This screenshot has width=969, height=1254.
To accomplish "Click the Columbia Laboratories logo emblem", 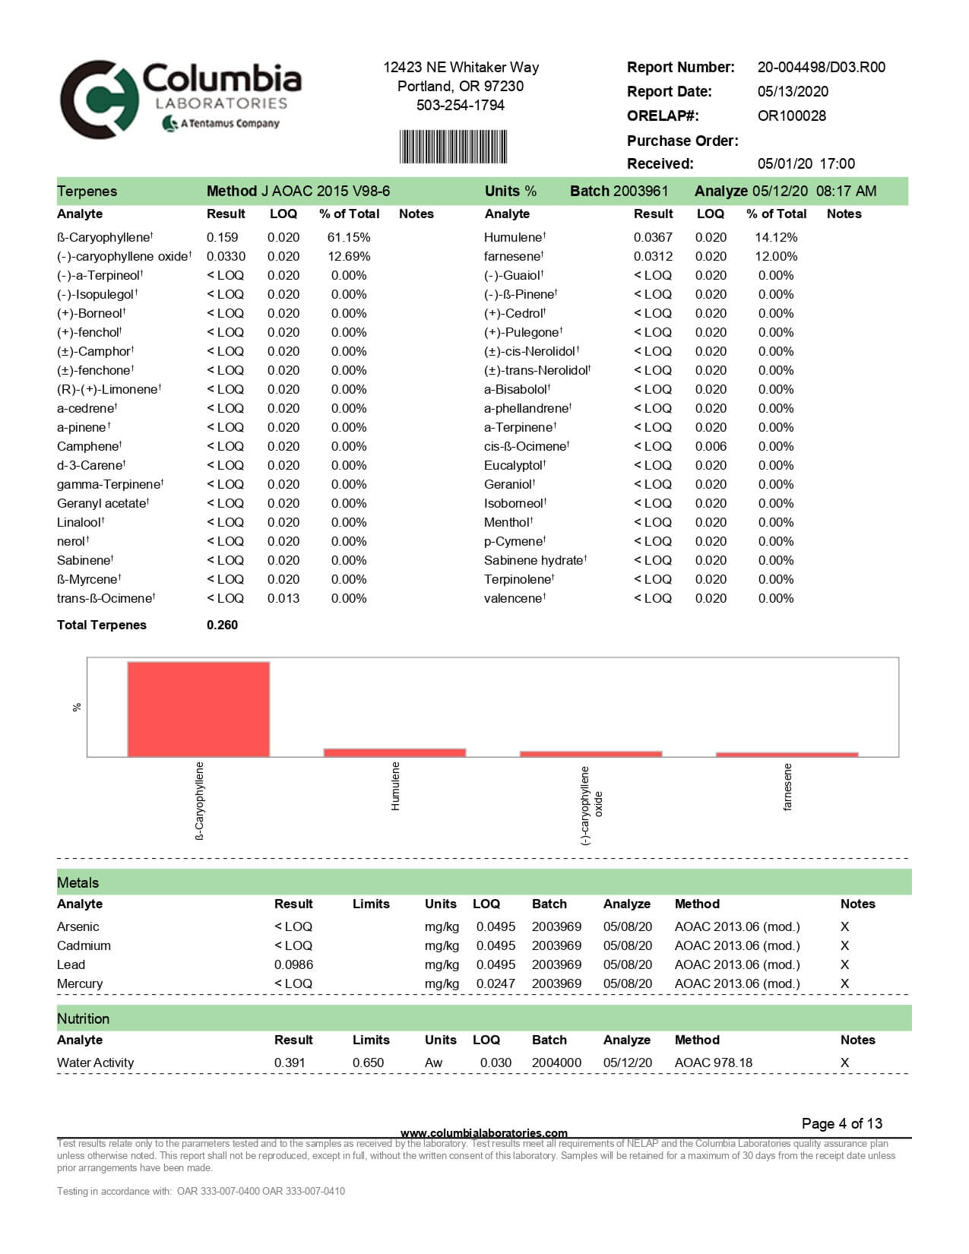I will coord(99,99).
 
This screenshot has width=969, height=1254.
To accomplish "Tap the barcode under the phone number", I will coord(453,147).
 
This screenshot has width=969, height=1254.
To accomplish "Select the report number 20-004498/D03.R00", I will coord(821,68).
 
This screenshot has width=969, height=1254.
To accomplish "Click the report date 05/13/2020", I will coord(793,92).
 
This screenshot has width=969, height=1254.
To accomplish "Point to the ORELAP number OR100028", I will coord(791,116).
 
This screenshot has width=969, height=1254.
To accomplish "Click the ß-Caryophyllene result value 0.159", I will coord(222,238).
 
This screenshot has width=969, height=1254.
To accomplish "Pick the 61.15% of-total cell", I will coord(349,238).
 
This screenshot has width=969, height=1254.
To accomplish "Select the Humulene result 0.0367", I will coord(653,238).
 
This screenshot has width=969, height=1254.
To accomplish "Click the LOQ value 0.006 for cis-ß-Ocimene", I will coord(711,447).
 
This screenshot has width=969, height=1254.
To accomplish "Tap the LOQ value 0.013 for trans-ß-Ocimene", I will coord(283,599).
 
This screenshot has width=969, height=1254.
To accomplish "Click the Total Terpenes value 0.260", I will coord(222,625).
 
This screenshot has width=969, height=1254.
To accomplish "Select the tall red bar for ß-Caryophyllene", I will coord(198,709).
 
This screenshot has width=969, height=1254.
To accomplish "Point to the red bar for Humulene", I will coord(394,752).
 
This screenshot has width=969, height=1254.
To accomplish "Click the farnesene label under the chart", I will coord(787,787).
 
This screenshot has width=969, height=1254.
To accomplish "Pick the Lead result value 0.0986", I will coord(293,965).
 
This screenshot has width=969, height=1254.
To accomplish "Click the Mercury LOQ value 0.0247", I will coord(496,984).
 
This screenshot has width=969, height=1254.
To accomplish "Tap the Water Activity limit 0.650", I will coord(368,1063).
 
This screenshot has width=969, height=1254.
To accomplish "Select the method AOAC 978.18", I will coord(713,1063).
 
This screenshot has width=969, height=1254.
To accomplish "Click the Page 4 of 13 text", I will coord(841,1124).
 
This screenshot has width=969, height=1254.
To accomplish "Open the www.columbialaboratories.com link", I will coord(483,1133).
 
